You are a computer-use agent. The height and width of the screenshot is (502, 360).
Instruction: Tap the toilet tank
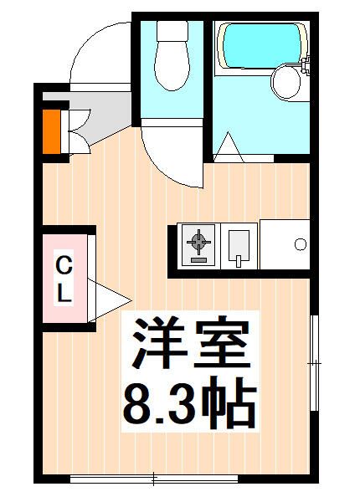click(x=173, y=32)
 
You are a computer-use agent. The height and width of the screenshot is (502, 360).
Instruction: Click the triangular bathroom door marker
click(x=228, y=148)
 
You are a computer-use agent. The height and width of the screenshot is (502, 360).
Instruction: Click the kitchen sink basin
click(x=238, y=245)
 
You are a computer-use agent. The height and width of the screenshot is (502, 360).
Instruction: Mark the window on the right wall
click(x=315, y=364)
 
